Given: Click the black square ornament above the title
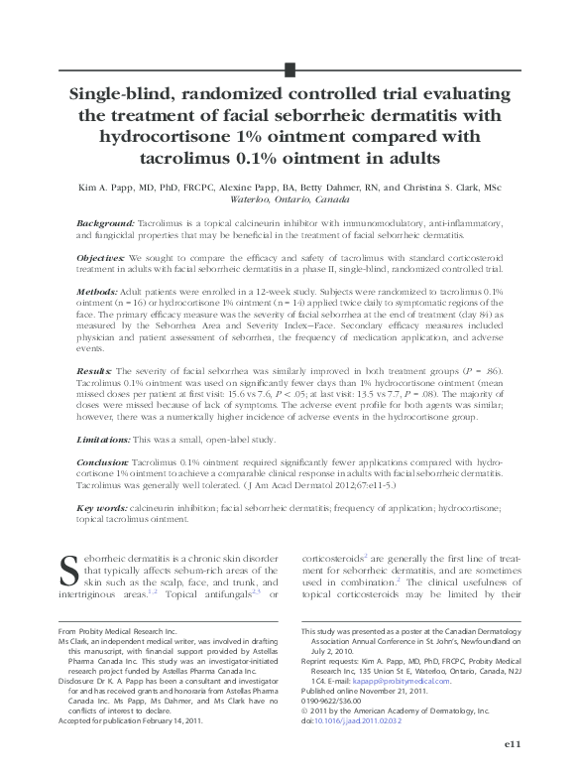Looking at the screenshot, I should pos(290,68).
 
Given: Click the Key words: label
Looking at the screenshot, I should pos(101,507).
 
